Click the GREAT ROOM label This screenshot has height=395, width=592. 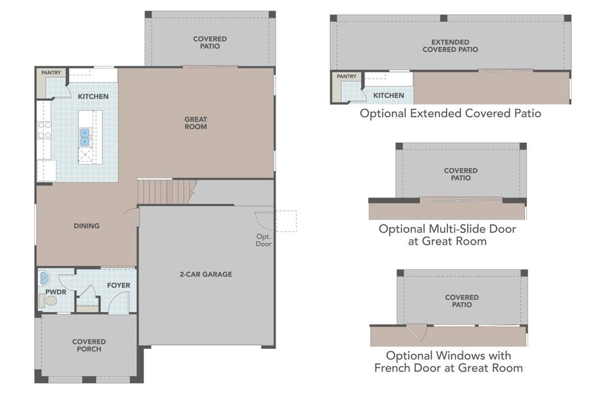coord(195,123)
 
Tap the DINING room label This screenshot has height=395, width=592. coord(86,226)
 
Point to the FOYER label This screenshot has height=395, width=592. coord(119,285)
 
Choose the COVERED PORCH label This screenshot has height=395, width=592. coord(89,346)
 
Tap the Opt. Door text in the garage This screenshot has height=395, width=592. coord(263,240)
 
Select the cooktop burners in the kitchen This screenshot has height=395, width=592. coord(44,130)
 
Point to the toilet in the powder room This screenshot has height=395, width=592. coord(49,301)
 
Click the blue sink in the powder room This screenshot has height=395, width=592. coord(44,276)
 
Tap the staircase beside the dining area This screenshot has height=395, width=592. coord(164,192)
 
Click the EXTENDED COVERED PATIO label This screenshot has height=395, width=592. coord(450,45)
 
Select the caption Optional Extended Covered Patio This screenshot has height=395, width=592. coord(450,113)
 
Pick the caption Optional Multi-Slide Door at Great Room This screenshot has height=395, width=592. coord(447,235)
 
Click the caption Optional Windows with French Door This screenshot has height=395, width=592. coord(449,361)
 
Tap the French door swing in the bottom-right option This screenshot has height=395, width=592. coord(416,331)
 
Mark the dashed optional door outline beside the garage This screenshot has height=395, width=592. coord(285,221)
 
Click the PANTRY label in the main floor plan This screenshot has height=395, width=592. coord(51,72)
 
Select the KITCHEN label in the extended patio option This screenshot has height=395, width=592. coord(388,95)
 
